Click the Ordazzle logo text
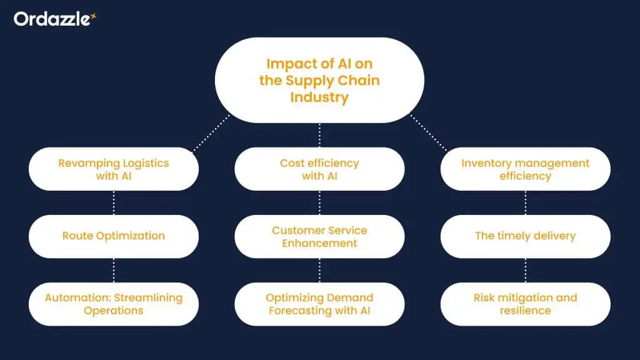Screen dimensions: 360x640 (x=51, y=19)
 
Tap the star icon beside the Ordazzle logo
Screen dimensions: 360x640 (x=94, y=16)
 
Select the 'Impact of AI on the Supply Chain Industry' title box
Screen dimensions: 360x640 (x=319, y=80)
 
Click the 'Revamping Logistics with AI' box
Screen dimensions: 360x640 (x=114, y=169)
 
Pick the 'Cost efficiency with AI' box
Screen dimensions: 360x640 (x=319, y=169)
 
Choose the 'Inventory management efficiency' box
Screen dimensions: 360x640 (x=525, y=169)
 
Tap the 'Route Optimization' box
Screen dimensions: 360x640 (x=114, y=236)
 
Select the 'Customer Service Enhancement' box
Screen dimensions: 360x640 (x=319, y=236)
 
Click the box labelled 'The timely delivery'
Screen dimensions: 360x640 (x=525, y=236)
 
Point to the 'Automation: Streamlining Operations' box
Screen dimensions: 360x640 (x=114, y=304)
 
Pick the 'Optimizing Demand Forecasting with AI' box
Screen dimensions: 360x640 (x=319, y=304)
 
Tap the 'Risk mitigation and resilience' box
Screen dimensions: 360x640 (x=525, y=304)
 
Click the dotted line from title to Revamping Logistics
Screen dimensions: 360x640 (x=211, y=132)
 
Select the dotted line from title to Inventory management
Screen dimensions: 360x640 (x=429, y=132)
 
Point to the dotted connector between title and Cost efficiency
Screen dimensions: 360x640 (x=319, y=135)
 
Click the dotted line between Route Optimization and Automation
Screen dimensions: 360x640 (x=114, y=270)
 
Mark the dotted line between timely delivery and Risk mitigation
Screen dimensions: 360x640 (x=525, y=270)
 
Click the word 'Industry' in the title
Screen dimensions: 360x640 (x=319, y=97)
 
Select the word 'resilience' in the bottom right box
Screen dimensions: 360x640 (x=525, y=311)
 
